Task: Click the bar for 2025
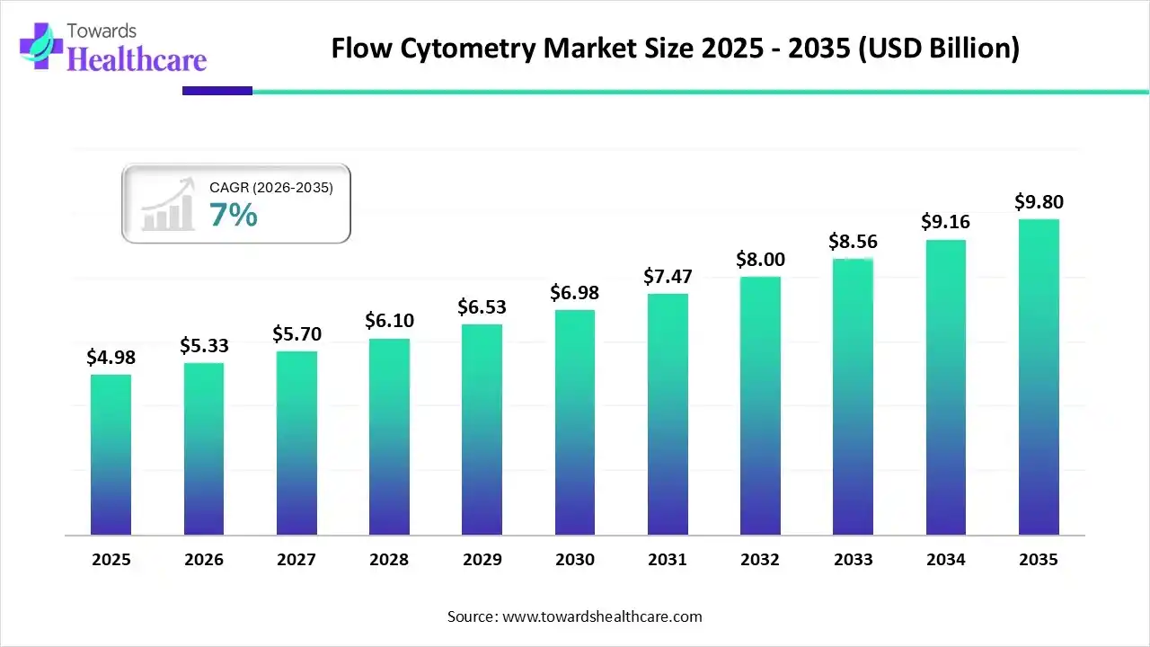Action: pos(111,455)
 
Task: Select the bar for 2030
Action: pos(575,422)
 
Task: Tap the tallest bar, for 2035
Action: pos(1039,377)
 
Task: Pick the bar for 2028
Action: pos(389,437)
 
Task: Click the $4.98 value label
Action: pos(110,358)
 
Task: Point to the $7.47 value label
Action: pos(667,277)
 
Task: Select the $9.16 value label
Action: pos(945,222)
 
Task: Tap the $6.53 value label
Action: pos(482,307)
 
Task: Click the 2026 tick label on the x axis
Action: pos(204,560)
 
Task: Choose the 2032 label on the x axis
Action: pos(760,560)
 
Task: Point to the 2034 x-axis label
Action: pos(946,560)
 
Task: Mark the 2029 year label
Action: pos(482,560)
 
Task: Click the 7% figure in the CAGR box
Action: pos(234,215)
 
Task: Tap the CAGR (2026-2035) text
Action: pos(271,188)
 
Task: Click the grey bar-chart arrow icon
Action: pos(168,204)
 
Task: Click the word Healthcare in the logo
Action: pos(137,59)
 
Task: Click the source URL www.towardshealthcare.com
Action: pos(600,616)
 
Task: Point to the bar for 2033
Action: pos(853,397)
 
